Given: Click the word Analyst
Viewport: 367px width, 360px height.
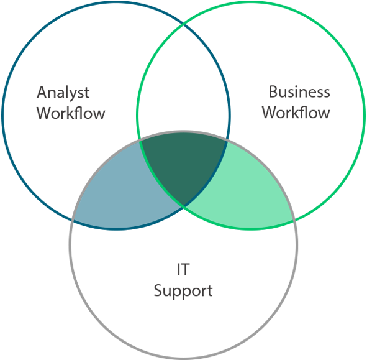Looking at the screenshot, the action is coord(63,93).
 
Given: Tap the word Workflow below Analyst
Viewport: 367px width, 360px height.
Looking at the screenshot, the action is coord(71,113).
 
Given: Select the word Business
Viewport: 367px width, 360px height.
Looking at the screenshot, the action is coord(299,91).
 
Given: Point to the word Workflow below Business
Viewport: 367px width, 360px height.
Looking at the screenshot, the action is coord(296,113).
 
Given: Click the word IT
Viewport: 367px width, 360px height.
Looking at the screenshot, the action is coord(183,269).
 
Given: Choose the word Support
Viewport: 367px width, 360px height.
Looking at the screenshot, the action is coord(183,291).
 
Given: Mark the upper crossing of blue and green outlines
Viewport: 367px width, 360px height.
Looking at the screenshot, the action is coord(184,24).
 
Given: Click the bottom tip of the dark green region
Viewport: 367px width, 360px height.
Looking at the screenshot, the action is coord(184,206).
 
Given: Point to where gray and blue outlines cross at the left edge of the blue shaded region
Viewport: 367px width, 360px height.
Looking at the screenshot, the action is coord(73,220).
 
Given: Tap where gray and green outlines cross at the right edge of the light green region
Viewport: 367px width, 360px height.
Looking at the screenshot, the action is coord(294,220).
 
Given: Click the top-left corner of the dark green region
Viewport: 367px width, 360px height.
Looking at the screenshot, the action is coord(140,141).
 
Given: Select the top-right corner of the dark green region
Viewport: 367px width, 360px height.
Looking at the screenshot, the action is coord(227,141).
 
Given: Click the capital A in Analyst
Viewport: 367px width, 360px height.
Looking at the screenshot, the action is coord(42,92).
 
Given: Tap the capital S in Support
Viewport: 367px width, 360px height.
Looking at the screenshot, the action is coord(158,290).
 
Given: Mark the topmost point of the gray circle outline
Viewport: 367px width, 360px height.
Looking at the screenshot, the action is coord(183,131).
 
